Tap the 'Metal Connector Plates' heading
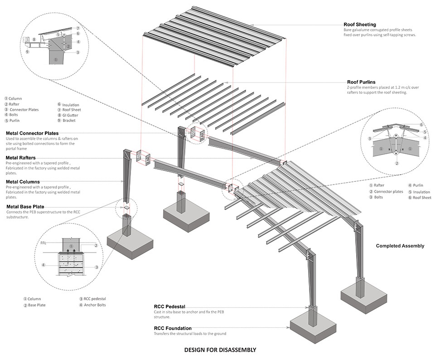point(32,133)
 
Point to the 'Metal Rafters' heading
point(23,158)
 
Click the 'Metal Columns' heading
point(23,182)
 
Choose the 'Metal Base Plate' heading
point(25,207)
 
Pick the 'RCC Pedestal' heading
point(169,306)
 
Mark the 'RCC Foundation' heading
point(172,328)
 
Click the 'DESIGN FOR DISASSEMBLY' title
point(220,350)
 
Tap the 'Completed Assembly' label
point(400,246)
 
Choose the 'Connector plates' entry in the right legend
point(388,191)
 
